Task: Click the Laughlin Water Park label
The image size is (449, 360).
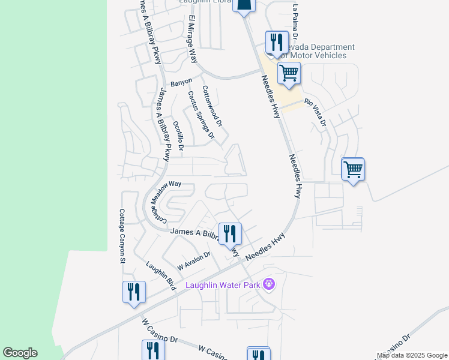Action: coord(223,284)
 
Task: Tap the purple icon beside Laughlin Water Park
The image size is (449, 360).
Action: coord(268,284)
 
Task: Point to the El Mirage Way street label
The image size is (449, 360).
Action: coord(193,40)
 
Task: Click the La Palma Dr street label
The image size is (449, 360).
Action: coord(295,17)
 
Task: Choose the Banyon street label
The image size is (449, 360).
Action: coord(181,82)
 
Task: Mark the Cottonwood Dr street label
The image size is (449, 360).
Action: coord(212,106)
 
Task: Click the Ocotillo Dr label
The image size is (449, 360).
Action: coord(178,134)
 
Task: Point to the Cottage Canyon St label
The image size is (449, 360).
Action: coord(121,236)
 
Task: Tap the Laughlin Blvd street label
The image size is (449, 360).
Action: coord(160,275)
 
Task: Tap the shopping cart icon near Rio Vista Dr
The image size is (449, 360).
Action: coord(289,73)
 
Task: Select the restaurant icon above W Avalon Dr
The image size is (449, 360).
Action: coord(230,233)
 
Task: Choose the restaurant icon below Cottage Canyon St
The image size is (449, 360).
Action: coord(134,292)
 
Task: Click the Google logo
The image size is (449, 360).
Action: coord(20,353)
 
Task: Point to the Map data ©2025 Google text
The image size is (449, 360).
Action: coord(412,355)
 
